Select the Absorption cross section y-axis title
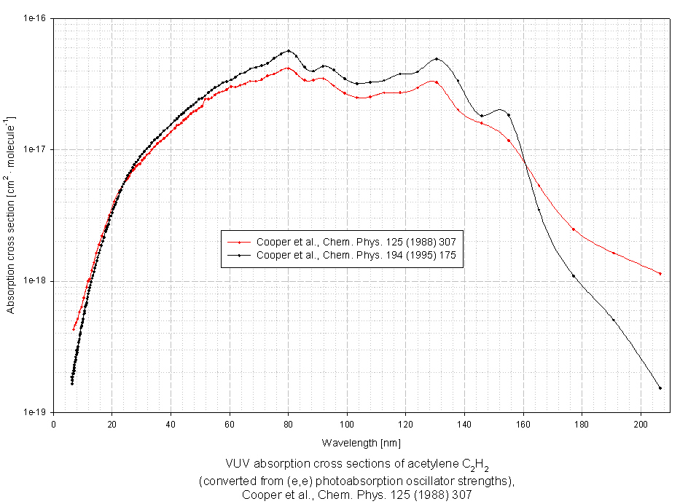(x=11, y=214)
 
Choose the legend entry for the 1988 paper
(x=356, y=242)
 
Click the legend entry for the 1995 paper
(x=356, y=255)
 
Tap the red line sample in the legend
(x=238, y=242)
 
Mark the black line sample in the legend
(x=238, y=255)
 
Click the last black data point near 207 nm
(x=660, y=388)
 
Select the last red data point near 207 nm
(x=660, y=274)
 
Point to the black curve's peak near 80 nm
(x=289, y=51)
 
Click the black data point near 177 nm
(x=574, y=276)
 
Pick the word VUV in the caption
(x=238, y=463)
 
